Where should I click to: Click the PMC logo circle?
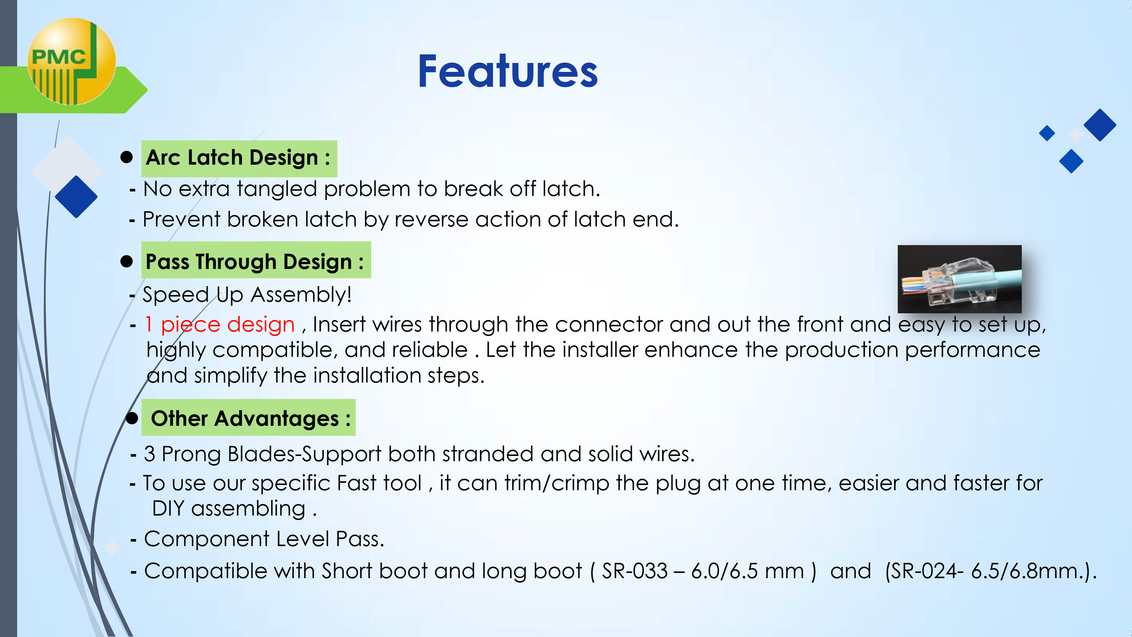[x=71, y=61]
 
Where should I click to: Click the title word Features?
[x=508, y=71]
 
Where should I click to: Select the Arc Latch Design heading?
[x=239, y=158]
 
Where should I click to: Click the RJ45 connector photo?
[x=959, y=279]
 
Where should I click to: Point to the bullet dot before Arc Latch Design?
[x=127, y=157]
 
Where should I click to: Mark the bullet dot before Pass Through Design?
[x=127, y=261]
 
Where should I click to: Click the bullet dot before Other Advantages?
[x=132, y=418]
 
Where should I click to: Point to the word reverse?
[x=431, y=219]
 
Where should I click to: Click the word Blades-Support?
[x=305, y=454]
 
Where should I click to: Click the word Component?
[x=207, y=539]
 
